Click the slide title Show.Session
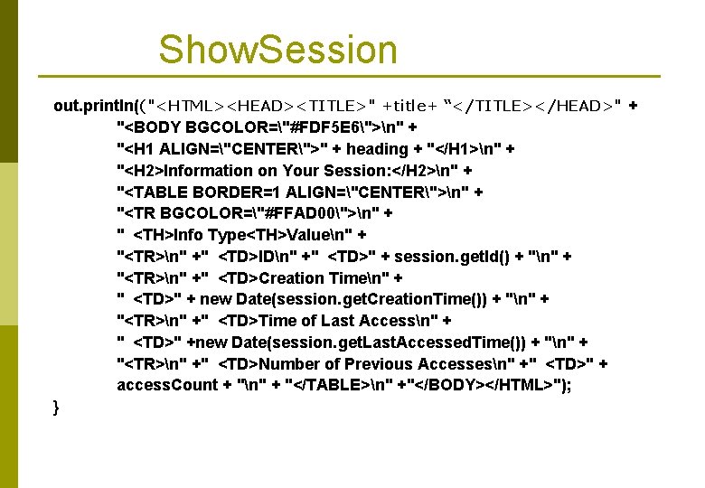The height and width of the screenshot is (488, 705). click(x=277, y=50)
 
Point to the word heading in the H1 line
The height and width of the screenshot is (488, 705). click(x=378, y=149)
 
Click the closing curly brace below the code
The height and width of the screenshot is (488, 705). click(x=57, y=408)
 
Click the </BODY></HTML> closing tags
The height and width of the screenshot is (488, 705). click(x=467, y=385)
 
